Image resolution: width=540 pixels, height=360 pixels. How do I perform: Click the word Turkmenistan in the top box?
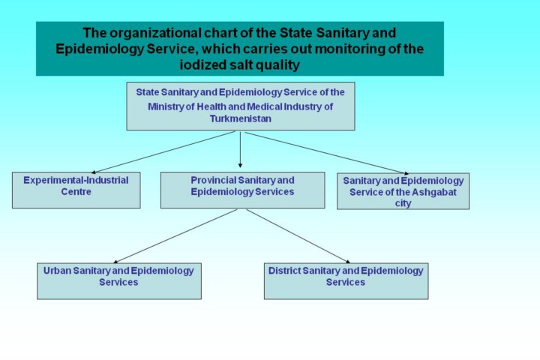coord(241,118)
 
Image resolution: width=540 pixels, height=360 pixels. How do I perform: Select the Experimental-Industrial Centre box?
coord(76,190)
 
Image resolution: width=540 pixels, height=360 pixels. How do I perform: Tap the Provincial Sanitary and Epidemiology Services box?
coord(242,190)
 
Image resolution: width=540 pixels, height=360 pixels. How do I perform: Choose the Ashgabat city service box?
coord(403,191)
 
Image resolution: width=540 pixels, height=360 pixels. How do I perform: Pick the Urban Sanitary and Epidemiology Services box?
coord(119,281)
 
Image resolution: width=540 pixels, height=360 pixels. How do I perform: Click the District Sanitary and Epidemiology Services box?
coord(346,281)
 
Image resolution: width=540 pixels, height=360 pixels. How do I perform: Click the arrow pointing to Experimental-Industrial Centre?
coord(163,152)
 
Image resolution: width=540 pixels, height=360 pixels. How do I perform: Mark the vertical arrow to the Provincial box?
coord(240,149)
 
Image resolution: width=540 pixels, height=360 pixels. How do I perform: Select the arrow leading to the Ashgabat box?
coord(326,153)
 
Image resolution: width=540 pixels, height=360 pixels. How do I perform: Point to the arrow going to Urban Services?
coord(175,236)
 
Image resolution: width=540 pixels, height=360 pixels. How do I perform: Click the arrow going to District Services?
coord(298,236)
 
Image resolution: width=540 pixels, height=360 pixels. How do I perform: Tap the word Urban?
coord(57,271)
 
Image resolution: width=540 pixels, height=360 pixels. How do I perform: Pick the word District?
coord(284,271)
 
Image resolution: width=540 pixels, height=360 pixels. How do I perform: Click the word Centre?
coord(76,192)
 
